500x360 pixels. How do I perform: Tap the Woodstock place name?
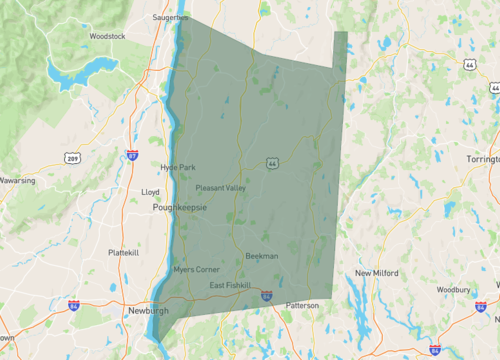pos(107,36)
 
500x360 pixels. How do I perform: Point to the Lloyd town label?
pos(151,190)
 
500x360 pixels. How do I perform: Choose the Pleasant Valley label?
pos(220,187)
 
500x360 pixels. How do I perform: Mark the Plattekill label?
pos(123,253)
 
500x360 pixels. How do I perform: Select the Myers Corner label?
pos(196,270)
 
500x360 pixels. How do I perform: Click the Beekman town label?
pos(262,256)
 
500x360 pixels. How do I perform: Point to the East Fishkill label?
pos(231,286)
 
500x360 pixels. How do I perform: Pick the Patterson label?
pos(302,305)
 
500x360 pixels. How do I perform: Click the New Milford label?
pos(378,273)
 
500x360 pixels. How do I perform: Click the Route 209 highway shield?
pos(72,158)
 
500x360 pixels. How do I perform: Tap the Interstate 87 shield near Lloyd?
pos(133,156)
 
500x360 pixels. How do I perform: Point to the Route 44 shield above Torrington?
pos(469,64)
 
